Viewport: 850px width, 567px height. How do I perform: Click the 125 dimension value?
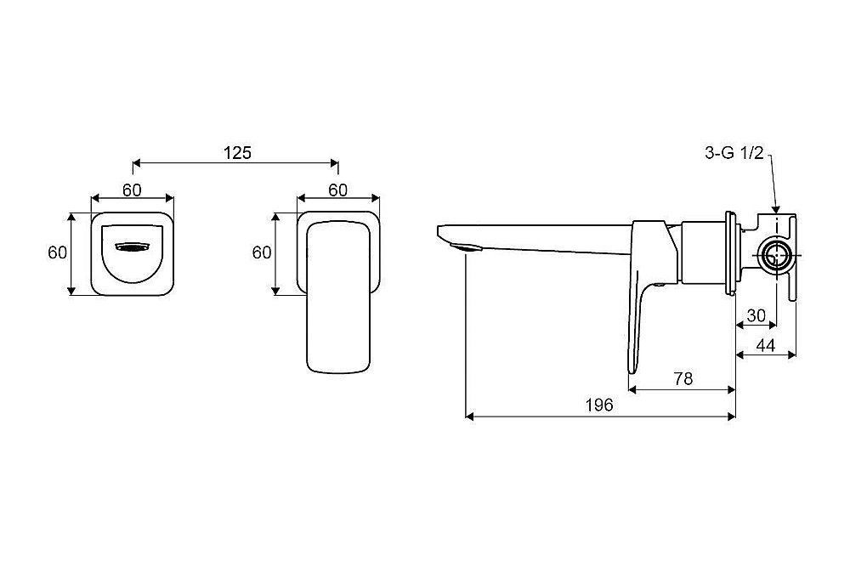pyautogui.click(x=237, y=153)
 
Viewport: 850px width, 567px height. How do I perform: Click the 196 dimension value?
pyautogui.click(x=599, y=405)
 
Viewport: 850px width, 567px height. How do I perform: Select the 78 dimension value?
pyautogui.click(x=683, y=378)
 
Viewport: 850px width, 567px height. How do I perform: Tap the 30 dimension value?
pyautogui.click(x=756, y=315)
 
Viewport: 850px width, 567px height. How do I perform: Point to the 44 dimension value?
pyautogui.click(x=766, y=345)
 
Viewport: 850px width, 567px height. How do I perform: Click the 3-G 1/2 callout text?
pyautogui.click(x=734, y=153)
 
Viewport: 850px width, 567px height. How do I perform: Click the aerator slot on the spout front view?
pyautogui.click(x=132, y=247)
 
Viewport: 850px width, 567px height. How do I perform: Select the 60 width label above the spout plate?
pyautogui.click(x=132, y=190)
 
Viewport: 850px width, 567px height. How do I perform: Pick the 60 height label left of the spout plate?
pyautogui.click(x=58, y=252)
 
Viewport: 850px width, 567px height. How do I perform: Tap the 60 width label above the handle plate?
pyautogui.click(x=337, y=190)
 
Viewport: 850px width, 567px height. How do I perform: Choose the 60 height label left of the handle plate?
pyautogui.click(x=262, y=252)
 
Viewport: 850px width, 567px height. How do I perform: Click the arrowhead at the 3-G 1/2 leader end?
pyautogui.click(x=776, y=209)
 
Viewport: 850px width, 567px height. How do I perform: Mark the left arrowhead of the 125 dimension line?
pyautogui.click(x=138, y=162)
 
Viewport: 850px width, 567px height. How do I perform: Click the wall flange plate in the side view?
pyautogui.click(x=730, y=253)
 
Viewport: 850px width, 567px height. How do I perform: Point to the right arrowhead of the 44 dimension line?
pyautogui.click(x=791, y=354)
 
